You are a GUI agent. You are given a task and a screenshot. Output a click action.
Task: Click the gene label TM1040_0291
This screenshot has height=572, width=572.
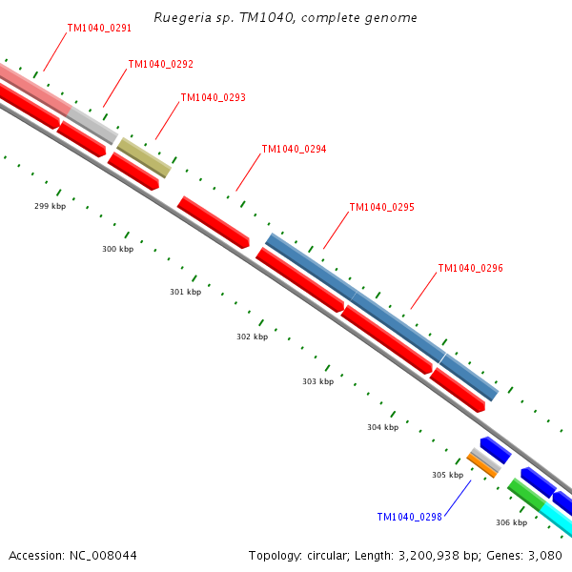[x=99, y=29]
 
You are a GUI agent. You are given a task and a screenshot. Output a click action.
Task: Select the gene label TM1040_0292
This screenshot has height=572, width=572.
[x=160, y=65]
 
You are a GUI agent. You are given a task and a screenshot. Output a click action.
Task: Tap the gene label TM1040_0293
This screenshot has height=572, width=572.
[x=213, y=98]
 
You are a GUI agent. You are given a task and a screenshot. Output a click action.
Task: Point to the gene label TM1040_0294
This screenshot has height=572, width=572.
[x=294, y=150]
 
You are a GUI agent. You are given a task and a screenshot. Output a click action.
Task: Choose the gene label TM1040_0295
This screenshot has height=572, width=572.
[x=381, y=207]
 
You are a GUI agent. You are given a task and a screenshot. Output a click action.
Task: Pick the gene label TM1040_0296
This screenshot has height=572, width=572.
[x=470, y=269]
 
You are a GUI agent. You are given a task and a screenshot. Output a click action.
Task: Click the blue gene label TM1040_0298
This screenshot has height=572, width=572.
[x=409, y=517]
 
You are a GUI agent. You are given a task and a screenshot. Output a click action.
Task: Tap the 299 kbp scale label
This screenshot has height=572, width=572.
[x=50, y=206]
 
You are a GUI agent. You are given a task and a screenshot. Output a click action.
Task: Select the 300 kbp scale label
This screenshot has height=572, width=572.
[x=117, y=249]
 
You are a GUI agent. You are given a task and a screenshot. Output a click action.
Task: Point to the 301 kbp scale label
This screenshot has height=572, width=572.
[x=185, y=292]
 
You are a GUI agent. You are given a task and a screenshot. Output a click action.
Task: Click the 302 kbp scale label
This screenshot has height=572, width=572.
[x=252, y=337]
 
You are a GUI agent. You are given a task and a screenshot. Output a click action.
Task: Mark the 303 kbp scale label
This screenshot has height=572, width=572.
[x=317, y=381]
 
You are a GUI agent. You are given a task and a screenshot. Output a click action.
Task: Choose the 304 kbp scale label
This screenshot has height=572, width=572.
[x=382, y=427]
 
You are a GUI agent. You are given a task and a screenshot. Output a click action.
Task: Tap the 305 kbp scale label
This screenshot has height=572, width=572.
[x=447, y=475]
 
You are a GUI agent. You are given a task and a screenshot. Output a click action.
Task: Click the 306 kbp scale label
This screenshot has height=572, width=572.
[x=511, y=522]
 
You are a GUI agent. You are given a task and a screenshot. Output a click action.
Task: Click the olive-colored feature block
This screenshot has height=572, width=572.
[x=144, y=157]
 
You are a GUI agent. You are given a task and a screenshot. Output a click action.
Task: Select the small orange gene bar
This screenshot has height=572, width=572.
[x=481, y=466]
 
